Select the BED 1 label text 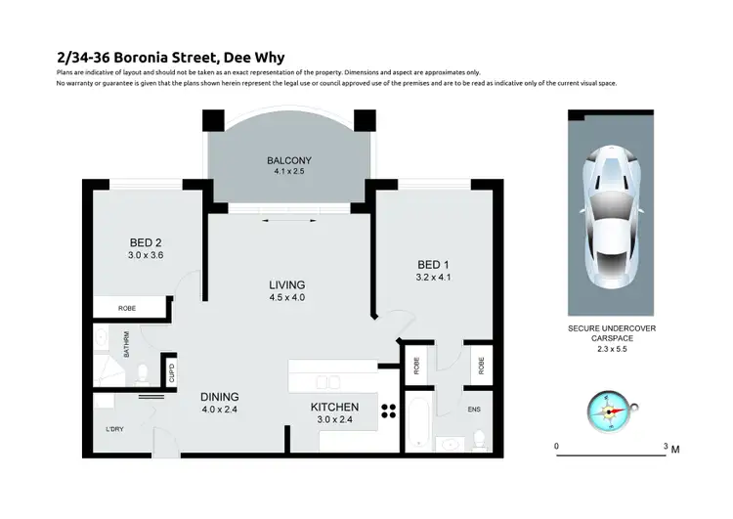click(433, 265)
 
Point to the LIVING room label click(288, 284)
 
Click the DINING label click(220, 396)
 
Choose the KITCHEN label click(335, 407)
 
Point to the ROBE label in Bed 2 click(127, 309)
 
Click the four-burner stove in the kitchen click(387, 411)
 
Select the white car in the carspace click(612, 213)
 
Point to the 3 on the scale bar click(666, 446)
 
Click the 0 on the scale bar click(557, 446)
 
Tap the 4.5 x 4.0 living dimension click(288, 297)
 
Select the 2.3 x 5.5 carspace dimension click(613, 348)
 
